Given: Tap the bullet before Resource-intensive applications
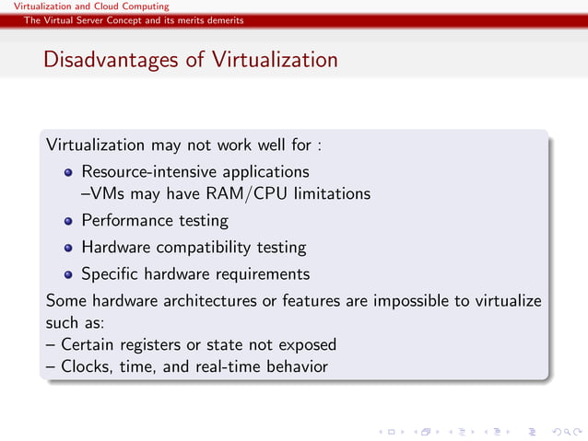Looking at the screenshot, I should pos(68,172).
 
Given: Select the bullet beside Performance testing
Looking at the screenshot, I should pos(68,221).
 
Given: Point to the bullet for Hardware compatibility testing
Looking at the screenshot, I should pos(68,248).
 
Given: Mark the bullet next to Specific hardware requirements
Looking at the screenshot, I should pos(68,274).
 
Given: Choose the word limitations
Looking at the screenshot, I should pos(333,194).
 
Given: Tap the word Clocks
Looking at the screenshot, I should pos(85,367).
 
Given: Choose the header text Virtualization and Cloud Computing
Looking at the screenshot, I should pos(85,6).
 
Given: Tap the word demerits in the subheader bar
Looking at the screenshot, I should pos(225,20).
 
